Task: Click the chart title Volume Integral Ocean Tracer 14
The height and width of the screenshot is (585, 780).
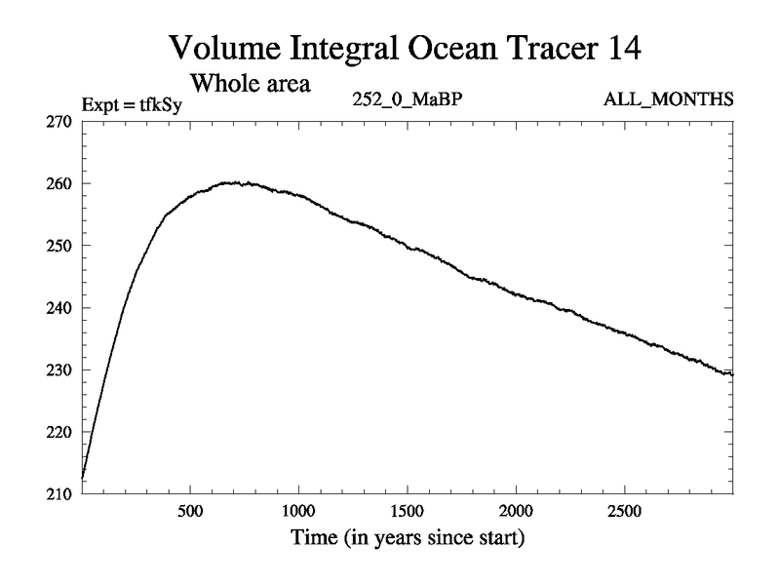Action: pos(405,46)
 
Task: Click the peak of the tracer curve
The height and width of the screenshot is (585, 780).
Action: pos(234,182)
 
